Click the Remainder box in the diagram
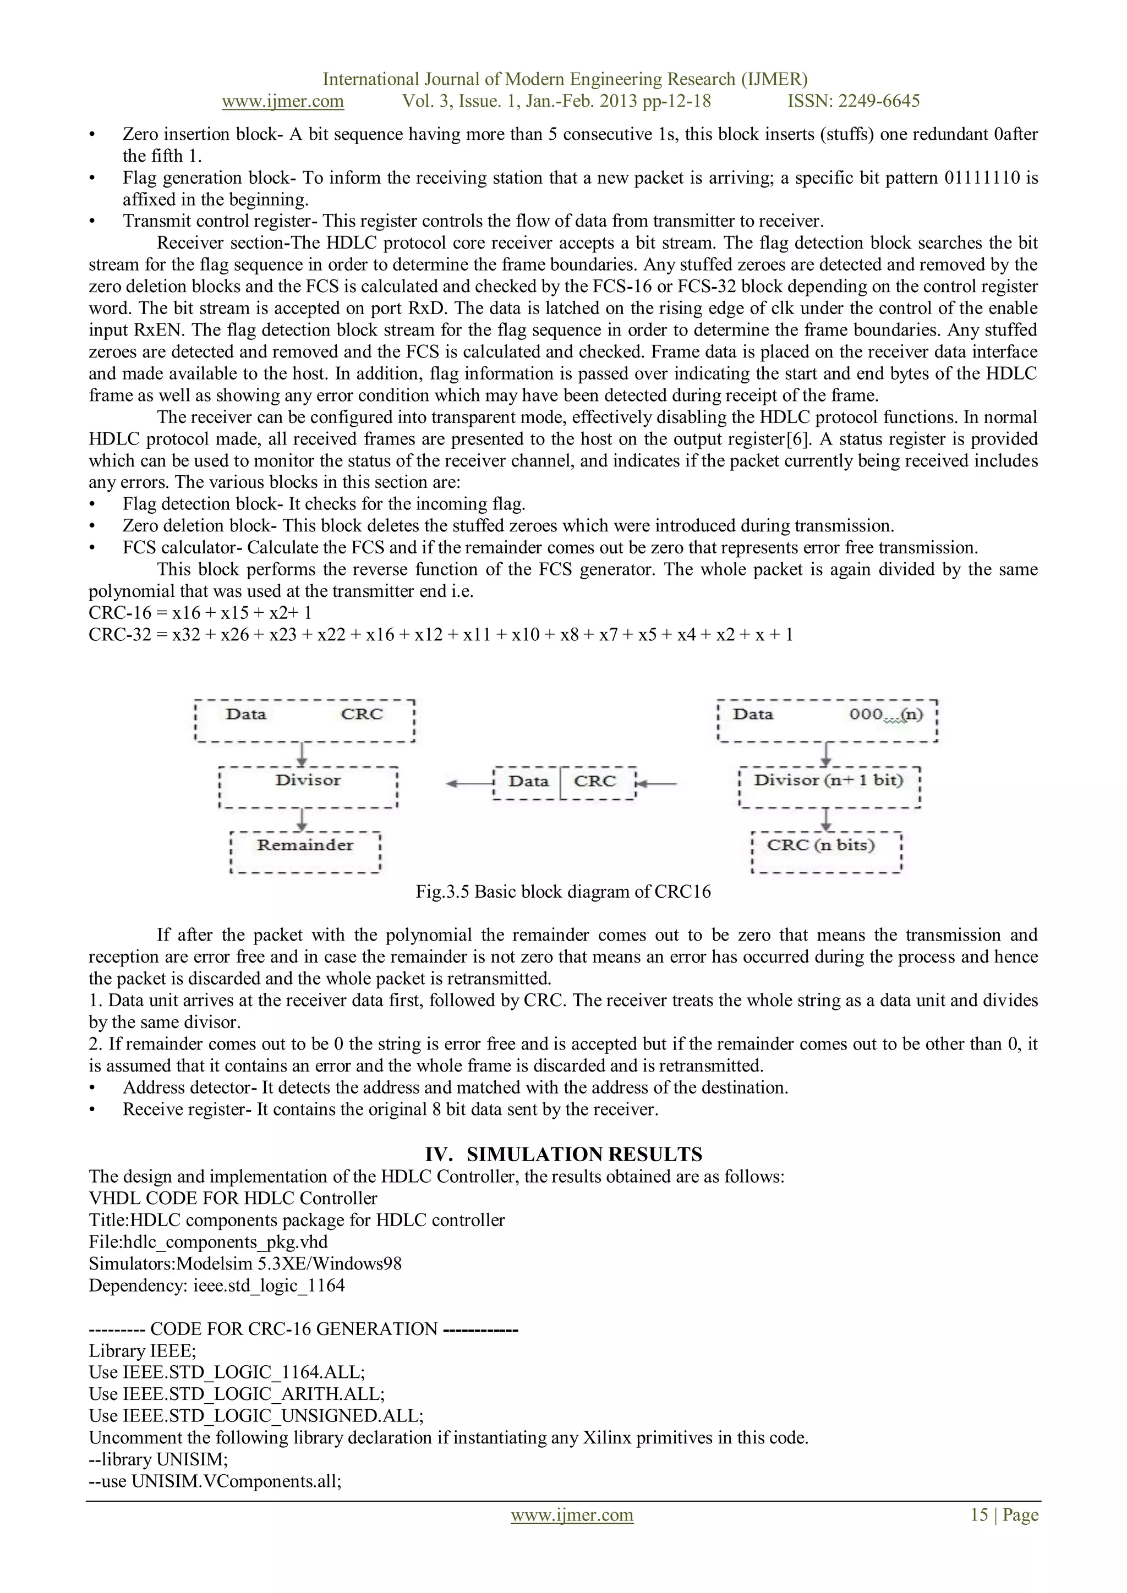pyautogui.click(x=305, y=852)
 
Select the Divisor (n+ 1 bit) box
pyautogui.click(x=829, y=788)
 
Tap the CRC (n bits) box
pyautogui.click(x=826, y=852)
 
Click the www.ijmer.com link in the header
pyautogui.click(x=282, y=101)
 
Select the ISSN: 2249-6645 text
pyautogui.click(x=853, y=101)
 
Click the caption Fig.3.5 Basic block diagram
pyautogui.click(x=563, y=892)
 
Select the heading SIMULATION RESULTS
pyautogui.click(x=584, y=1155)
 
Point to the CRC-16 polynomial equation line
pyautogui.click(x=200, y=613)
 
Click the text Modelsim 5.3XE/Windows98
pyautogui.click(x=289, y=1264)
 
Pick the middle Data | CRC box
pyautogui.click(x=563, y=783)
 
